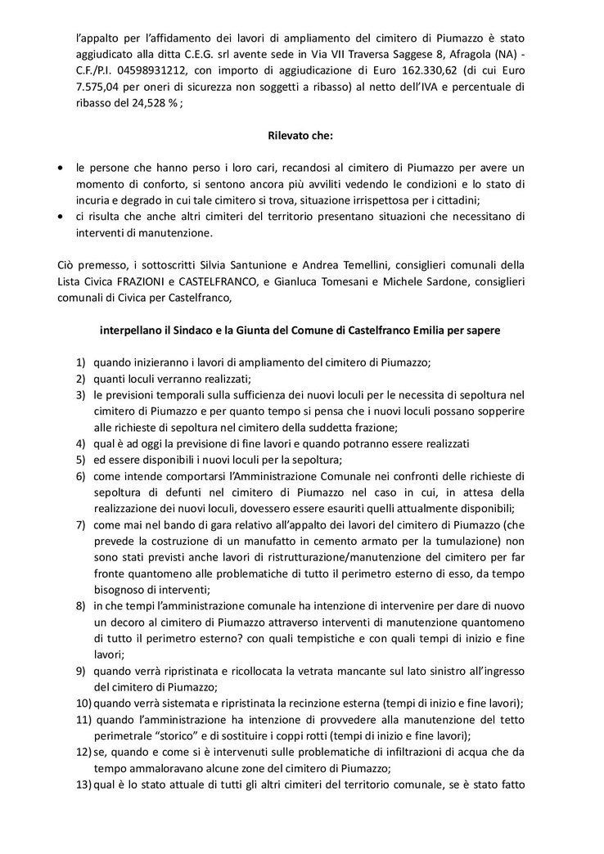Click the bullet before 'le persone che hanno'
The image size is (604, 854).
point(61,166)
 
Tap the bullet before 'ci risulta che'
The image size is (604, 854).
point(61,217)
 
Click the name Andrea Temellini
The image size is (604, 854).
point(324,267)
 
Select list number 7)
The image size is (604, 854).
point(81,523)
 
